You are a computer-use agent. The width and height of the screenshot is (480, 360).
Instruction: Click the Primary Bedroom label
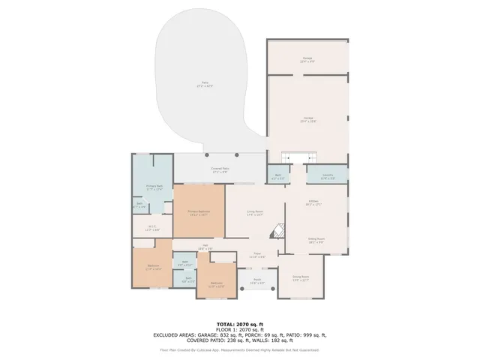pos(199,213)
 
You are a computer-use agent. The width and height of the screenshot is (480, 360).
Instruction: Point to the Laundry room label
pos(327,178)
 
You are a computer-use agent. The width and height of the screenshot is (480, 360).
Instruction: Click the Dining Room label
pos(301,277)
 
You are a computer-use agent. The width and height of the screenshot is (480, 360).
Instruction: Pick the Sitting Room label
pos(315,241)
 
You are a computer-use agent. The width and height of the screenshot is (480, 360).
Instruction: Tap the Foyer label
pos(256,255)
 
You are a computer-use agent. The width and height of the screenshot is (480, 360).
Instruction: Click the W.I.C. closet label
pos(152,229)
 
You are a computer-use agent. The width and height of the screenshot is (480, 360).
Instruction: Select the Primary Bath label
pos(154,188)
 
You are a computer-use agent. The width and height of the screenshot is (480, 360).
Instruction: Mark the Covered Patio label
pos(220,171)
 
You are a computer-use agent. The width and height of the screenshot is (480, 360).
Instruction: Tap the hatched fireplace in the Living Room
pos(277,232)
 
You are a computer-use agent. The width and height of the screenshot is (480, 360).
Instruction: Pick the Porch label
pos(256,282)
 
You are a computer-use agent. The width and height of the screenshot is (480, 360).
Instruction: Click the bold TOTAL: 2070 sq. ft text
pos(239,324)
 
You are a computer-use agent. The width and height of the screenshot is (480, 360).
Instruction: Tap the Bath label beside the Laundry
pos(277,178)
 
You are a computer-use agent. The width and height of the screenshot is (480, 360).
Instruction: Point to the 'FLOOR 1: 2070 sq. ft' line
pos(239,329)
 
